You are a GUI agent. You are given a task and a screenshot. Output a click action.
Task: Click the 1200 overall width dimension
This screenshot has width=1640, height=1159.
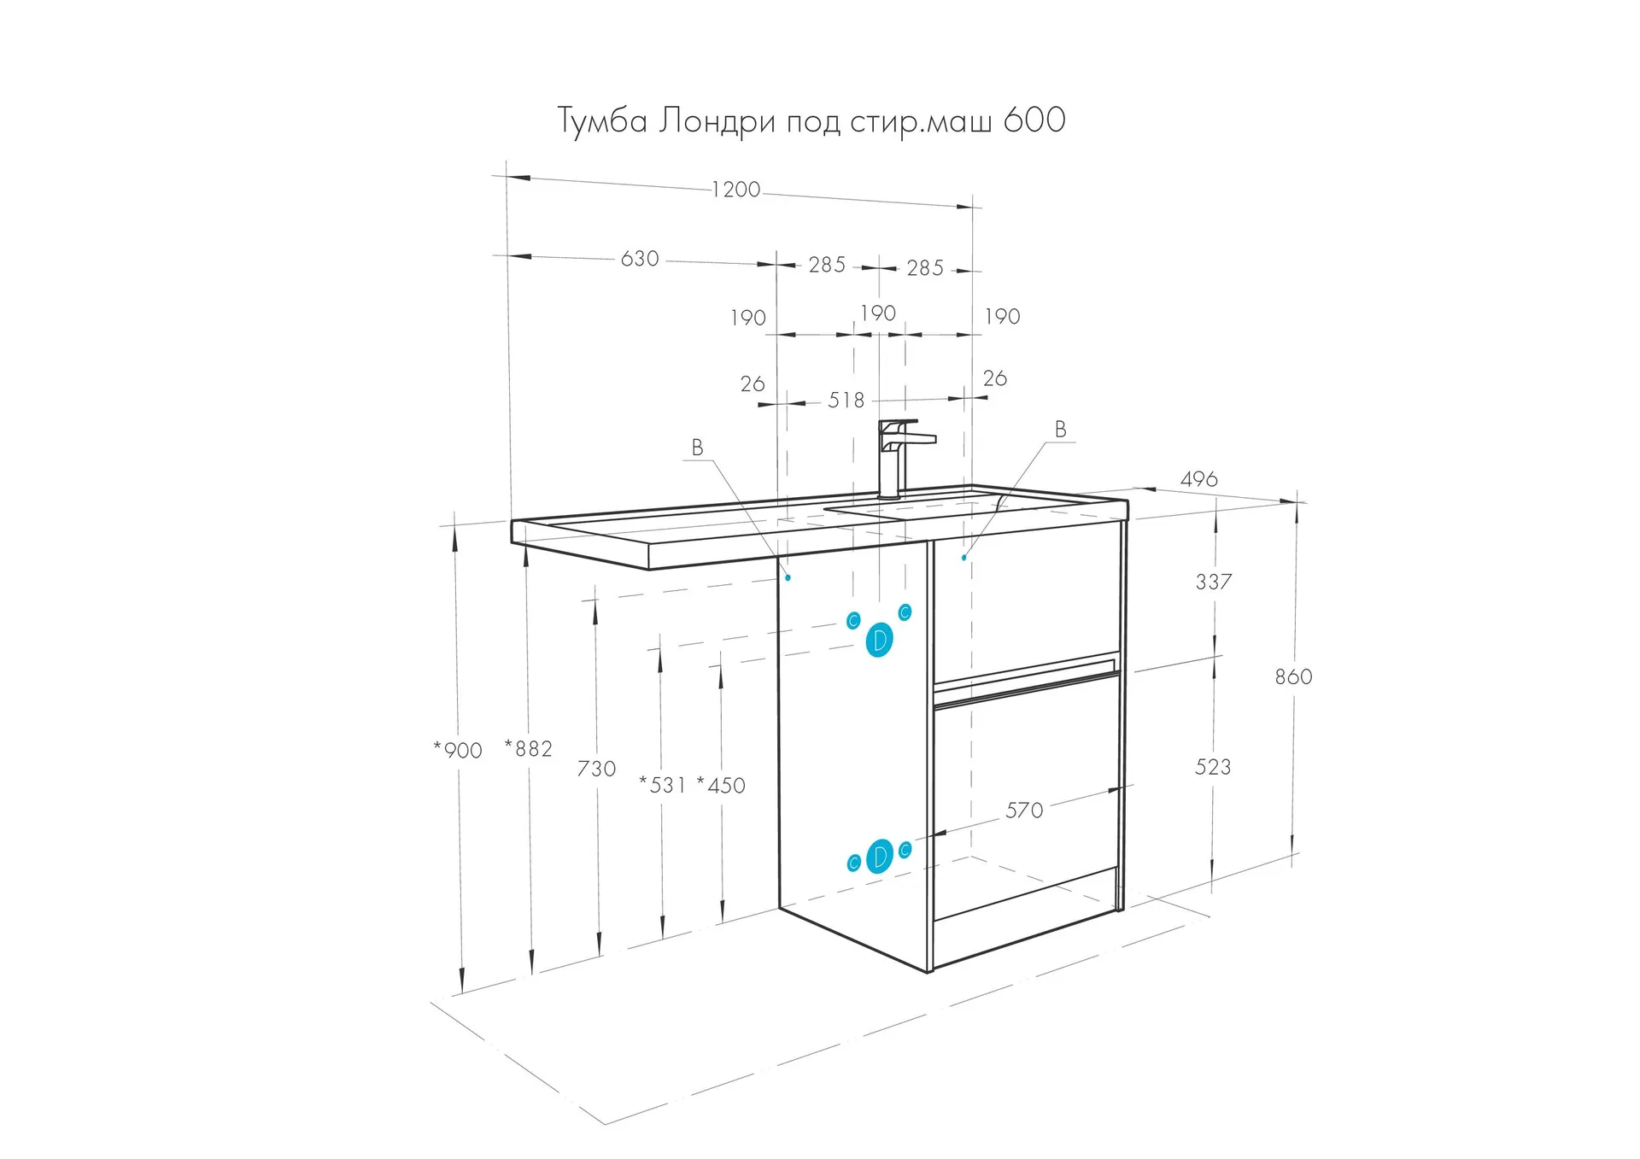[x=735, y=189]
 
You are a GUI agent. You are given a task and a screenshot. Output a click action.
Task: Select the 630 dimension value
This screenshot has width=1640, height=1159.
[x=640, y=259]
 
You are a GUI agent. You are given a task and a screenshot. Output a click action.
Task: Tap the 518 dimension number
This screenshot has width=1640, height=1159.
[x=846, y=400]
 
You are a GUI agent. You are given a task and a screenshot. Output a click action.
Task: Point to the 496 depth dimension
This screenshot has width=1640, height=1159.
[x=1198, y=479]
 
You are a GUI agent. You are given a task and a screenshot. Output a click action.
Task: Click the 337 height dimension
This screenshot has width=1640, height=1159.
[x=1214, y=582]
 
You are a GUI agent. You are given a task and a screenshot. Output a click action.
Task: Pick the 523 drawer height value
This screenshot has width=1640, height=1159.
[x=1213, y=767]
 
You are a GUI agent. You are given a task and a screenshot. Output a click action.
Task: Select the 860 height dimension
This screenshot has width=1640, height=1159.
[x=1293, y=676]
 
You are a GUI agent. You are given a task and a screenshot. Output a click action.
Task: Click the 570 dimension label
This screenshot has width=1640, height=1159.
[x=1024, y=810]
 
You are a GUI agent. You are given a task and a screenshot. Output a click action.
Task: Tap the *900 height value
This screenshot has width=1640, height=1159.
[x=458, y=750]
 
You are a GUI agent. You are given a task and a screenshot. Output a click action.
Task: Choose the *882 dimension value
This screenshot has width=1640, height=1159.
[x=529, y=748]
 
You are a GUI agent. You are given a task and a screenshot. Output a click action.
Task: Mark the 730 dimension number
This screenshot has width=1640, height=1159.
[x=596, y=769]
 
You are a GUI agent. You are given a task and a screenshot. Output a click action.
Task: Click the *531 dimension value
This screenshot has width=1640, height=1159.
[x=662, y=785]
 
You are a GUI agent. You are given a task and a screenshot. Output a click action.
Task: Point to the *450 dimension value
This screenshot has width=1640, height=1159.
[x=721, y=785]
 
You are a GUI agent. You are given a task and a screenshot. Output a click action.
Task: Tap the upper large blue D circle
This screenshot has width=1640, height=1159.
[x=879, y=640]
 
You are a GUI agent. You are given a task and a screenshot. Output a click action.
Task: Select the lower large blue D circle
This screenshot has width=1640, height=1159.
[x=879, y=857]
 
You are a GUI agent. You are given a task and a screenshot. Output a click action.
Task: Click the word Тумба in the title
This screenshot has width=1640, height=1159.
[x=603, y=120]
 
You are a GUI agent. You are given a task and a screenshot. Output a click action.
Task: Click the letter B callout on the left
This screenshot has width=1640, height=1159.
[x=697, y=447]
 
